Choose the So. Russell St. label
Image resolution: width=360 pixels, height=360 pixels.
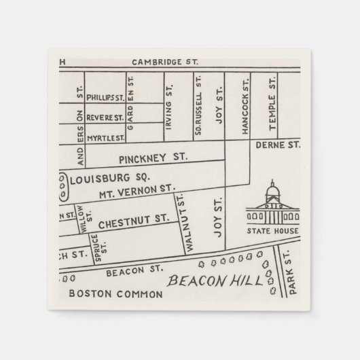point(198,107)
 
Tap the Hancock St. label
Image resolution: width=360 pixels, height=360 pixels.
point(246,105)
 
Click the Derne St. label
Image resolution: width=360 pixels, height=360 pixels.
point(277,145)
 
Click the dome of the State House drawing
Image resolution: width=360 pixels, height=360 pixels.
point(273,191)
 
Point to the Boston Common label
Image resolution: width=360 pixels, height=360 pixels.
point(115,295)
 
